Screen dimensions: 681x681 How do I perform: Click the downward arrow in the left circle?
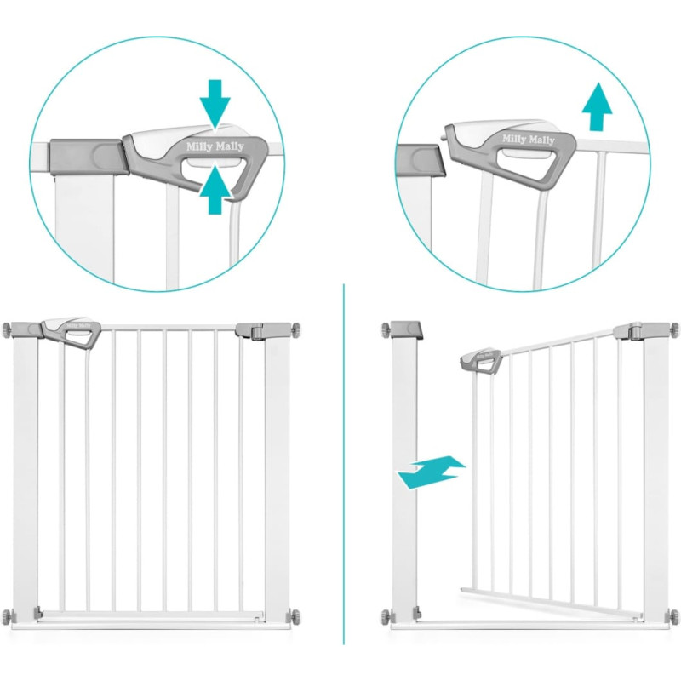pyautogui.click(x=215, y=103)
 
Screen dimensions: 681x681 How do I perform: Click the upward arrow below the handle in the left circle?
pyautogui.click(x=215, y=190)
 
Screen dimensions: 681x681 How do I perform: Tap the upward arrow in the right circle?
pyautogui.click(x=598, y=106)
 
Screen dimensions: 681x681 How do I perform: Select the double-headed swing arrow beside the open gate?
pyautogui.click(x=432, y=472)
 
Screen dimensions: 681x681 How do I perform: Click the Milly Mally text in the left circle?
pyautogui.click(x=215, y=146)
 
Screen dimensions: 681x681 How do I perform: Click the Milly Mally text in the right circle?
pyautogui.click(x=529, y=140)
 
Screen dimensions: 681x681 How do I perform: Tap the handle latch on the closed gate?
pyautogui.click(x=72, y=334)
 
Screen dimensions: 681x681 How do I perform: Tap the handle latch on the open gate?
pyautogui.click(x=482, y=361)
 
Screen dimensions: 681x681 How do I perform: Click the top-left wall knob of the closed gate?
pyautogui.click(x=7, y=329)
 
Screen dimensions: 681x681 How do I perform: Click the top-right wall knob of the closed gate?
pyautogui.click(x=295, y=329)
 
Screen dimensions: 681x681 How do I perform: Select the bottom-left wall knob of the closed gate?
pyautogui.click(x=7, y=617)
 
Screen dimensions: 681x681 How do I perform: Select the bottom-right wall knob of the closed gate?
pyautogui.click(x=295, y=617)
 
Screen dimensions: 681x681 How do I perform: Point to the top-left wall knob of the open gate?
pyautogui.click(x=386, y=329)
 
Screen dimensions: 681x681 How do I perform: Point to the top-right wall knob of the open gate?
pyautogui.click(x=674, y=329)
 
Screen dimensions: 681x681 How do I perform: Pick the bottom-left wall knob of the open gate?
pyautogui.click(x=386, y=617)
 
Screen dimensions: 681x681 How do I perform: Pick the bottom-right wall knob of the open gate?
pyautogui.click(x=674, y=617)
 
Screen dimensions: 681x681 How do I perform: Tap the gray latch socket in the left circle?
pyautogui.click(x=89, y=157)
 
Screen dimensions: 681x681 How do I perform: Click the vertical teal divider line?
pyautogui.click(x=344, y=464)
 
